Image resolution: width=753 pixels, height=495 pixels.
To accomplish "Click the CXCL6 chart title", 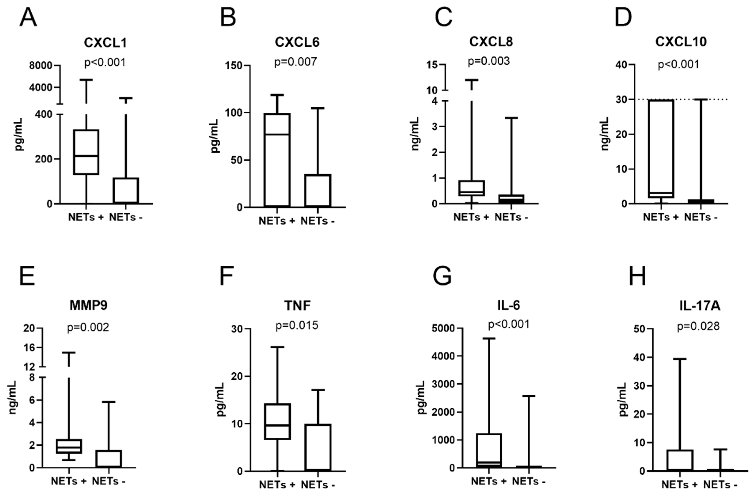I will [297, 42].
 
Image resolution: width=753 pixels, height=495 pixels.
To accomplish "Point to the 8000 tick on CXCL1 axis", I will [40, 66].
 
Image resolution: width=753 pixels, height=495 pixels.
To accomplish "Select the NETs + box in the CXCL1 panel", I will [86, 152].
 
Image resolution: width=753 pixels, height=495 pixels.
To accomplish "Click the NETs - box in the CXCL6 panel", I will [318, 190].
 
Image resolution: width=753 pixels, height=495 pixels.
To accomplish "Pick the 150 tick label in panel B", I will [233, 66].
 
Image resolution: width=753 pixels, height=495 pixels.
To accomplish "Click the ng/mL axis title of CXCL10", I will [605, 134].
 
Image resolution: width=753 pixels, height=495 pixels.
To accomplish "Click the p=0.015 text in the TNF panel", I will [297, 325].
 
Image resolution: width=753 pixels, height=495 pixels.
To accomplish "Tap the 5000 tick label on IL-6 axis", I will [443, 328].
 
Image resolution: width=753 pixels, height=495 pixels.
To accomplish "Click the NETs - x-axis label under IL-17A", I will [720, 485].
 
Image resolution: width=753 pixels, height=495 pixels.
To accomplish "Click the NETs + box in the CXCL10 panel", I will [661, 149].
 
